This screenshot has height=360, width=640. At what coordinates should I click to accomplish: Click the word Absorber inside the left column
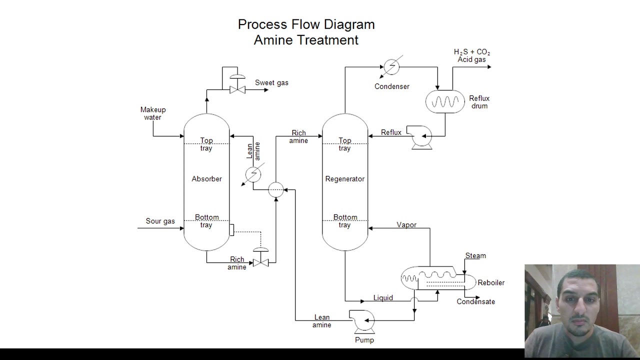coord(206,179)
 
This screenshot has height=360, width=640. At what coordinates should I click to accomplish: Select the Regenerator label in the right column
coord(344,179)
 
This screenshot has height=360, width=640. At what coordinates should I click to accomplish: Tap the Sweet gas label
coord(271,83)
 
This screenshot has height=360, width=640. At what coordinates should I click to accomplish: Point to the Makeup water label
coord(153,113)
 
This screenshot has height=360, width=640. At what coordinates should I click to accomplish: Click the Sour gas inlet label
coord(160,221)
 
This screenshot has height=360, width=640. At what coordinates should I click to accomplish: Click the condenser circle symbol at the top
coord(391,66)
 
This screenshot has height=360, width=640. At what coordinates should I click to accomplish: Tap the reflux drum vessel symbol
coord(445,101)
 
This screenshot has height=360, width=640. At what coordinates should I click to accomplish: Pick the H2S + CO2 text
coord(471,52)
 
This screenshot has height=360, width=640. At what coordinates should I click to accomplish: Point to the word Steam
coord(475,255)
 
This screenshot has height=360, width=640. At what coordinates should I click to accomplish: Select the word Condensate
coord(475,301)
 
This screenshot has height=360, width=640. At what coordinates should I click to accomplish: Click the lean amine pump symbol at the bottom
coord(363,321)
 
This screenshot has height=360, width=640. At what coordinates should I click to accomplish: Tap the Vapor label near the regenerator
coord(406,225)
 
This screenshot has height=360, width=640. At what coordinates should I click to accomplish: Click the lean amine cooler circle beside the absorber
coord(253,174)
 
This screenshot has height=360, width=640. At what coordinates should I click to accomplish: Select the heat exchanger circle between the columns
coord(275,189)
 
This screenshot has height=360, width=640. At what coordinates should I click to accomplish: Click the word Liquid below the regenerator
coord(383,298)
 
